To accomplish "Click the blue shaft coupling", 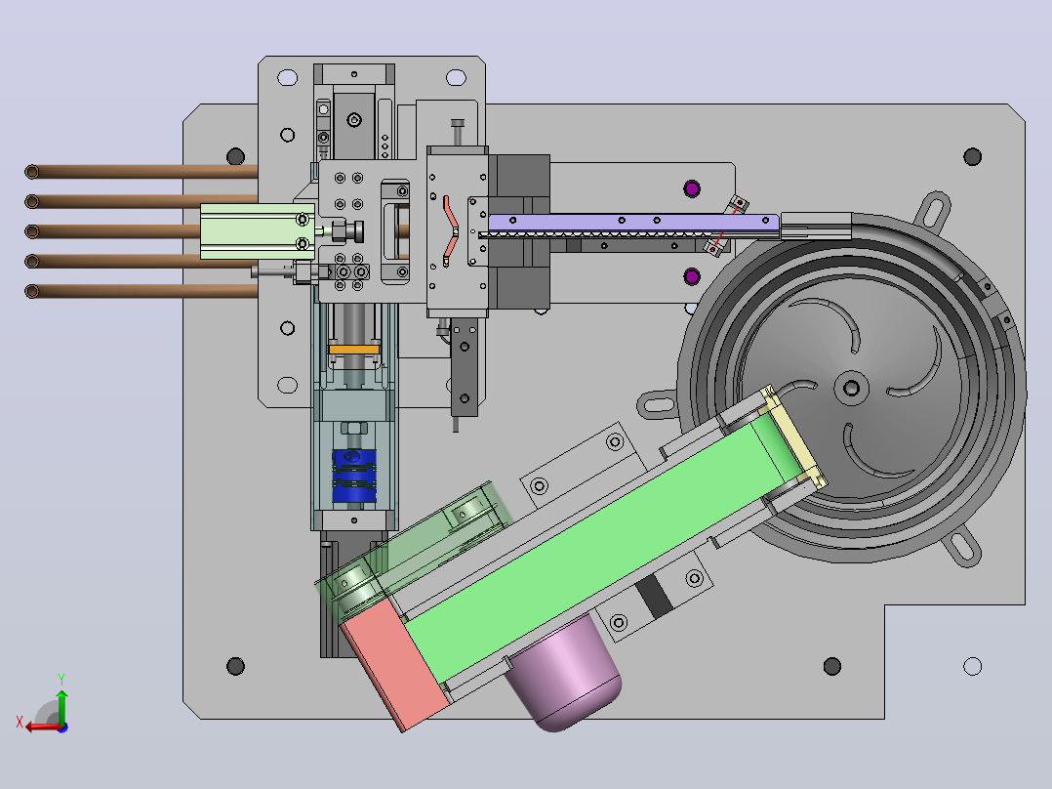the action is click(353, 476).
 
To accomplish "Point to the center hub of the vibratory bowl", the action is click(851, 388).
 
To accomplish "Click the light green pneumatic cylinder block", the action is click(257, 231).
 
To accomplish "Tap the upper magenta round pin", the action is click(692, 188).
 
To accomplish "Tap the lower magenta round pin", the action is click(692, 276).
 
